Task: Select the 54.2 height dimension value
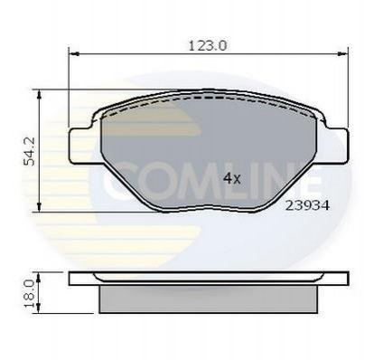pos(30,151)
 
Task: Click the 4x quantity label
pos(232,179)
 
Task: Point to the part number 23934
pos(307,205)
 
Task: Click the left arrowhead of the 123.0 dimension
pos(74,53)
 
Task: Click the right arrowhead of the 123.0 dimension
pos(343,53)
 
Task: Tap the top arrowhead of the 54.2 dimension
pos(39,94)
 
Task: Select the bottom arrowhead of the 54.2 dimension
pos(39,207)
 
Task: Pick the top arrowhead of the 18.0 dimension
pos(38,277)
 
